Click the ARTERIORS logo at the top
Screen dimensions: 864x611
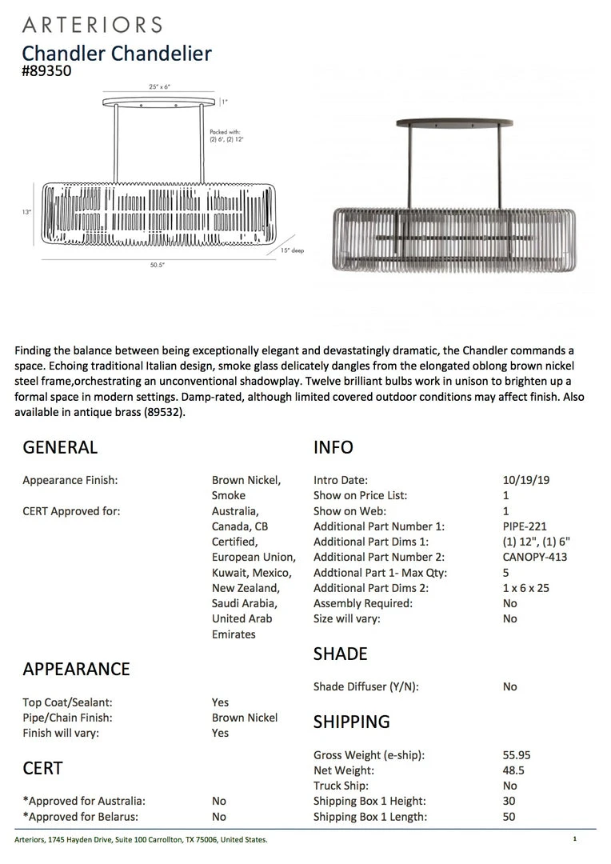tap(93, 25)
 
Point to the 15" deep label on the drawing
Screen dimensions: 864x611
tap(293, 250)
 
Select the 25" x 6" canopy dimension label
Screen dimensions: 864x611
tap(160, 86)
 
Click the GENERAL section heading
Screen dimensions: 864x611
tap(60, 447)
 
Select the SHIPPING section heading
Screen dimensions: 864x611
tap(351, 722)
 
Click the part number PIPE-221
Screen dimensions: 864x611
tap(519, 526)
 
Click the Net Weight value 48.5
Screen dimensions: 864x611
tap(509, 770)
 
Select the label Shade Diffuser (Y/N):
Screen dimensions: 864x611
tap(366, 686)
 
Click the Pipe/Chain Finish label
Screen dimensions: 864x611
tap(67, 718)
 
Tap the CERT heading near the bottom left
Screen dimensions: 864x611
tap(42, 768)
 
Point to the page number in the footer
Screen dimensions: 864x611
tap(574, 839)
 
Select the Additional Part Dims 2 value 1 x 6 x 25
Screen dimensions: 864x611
tap(527, 588)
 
